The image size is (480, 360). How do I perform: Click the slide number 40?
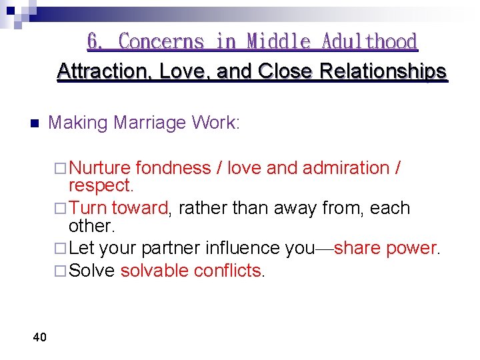point(39,337)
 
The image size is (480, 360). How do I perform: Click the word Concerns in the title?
point(161,41)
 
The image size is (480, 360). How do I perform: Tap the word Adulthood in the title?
point(369,41)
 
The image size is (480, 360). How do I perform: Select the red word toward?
point(140,208)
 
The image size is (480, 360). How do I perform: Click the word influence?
point(242,248)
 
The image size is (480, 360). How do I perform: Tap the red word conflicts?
point(231,270)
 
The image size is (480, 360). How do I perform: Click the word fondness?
point(173,168)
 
